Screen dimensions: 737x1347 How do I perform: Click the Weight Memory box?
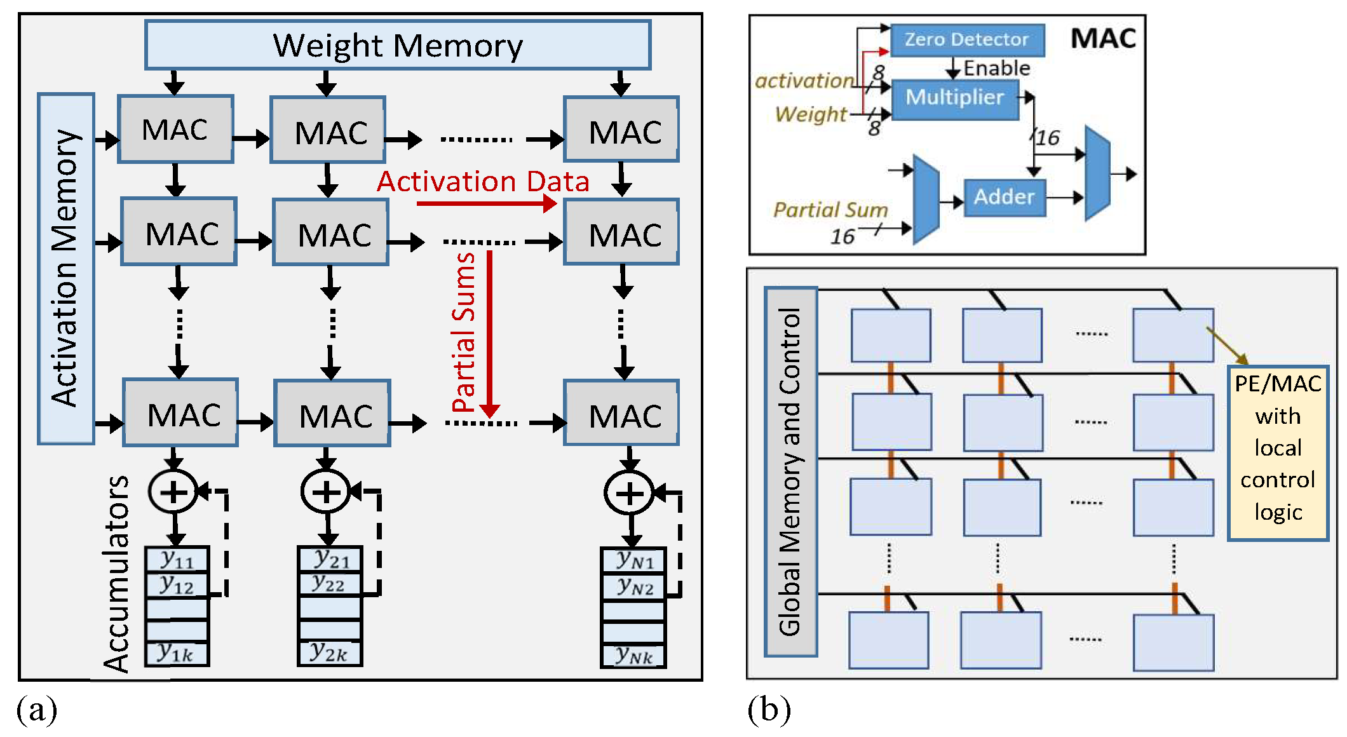(398, 45)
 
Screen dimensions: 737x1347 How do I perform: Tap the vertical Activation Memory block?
(65, 268)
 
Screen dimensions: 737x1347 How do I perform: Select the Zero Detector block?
(966, 40)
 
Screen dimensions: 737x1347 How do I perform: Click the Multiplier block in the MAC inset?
(954, 97)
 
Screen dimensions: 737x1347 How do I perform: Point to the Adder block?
(1004, 197)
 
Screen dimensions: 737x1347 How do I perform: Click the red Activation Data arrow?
(486, 203)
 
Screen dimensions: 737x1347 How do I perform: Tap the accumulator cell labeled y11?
(177, 560)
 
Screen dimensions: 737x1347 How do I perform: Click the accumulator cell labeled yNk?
(633, 655)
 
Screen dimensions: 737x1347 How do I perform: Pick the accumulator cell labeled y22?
(329, 584)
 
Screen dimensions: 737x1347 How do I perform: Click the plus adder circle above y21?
(326, 492)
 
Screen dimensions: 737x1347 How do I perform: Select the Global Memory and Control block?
(790, 471)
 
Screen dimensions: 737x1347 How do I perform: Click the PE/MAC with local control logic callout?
(1278, 452)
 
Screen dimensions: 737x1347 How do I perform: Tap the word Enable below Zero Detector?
(996, 68)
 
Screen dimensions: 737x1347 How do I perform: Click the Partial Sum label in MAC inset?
(830, 210)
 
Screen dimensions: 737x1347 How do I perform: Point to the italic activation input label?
(804, 81)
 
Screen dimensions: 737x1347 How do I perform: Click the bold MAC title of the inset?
(1103, 39)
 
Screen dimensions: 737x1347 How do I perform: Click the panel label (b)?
(769, 709)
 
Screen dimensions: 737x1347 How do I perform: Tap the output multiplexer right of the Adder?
(1097, 173)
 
